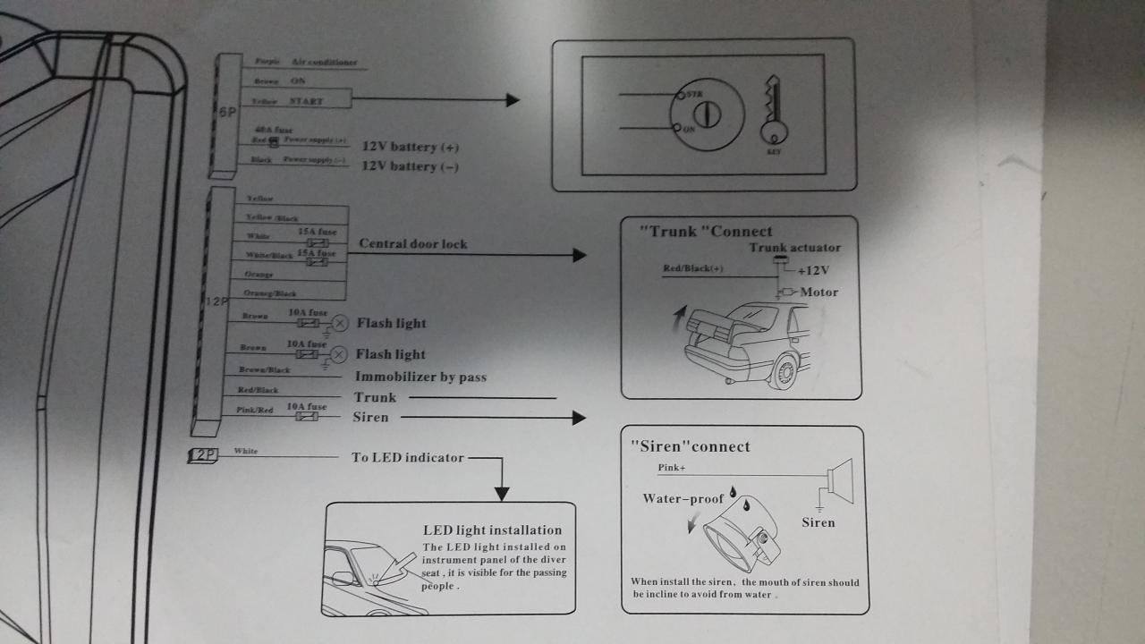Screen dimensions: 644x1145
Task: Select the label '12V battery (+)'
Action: (x=411, y=147)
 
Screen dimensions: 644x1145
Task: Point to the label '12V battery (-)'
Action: (x=411, y=166)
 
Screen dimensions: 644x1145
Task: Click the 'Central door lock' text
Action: (x=413, y=244)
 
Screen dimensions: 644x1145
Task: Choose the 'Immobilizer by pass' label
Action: (x=420, y=377)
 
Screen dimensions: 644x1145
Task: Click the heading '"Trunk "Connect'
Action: (x=706, y=232)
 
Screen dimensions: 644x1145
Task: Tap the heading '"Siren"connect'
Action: (x=691, y=446)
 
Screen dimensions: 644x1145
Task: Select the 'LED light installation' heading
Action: (x=493, y=530)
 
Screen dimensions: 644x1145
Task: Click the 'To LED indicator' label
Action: (x=408, y=458)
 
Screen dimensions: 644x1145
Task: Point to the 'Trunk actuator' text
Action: (x=795, y=248)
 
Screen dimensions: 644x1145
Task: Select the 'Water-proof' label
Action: (x=683, y=499)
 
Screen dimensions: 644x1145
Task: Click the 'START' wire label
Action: (x=306, y=101)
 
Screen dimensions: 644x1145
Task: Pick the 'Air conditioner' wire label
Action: (x=324, y=62)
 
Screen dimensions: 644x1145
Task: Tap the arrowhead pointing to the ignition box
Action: (x=513, y=100)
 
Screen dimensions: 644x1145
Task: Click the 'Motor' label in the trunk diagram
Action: (x=819, y=292)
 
